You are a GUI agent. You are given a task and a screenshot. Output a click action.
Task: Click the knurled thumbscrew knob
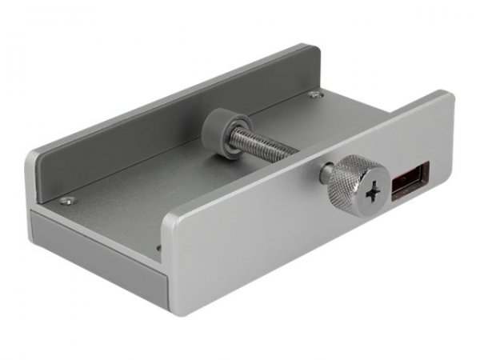349,182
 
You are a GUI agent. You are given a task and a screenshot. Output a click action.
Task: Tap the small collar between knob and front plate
326,174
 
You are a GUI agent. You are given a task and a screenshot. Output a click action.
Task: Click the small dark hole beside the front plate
158,248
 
